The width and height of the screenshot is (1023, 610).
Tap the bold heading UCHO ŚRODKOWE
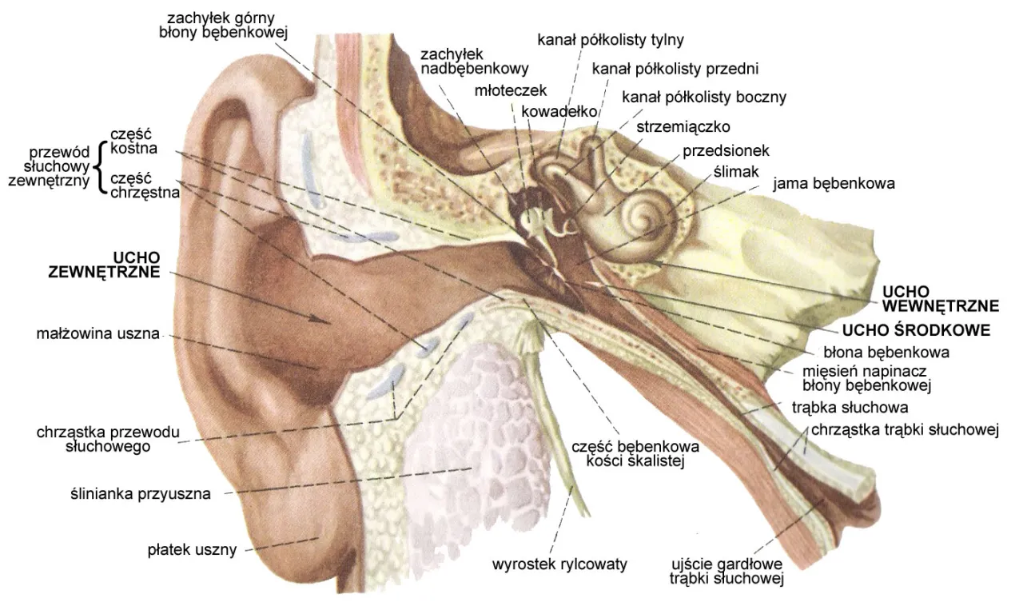tap(917, 329)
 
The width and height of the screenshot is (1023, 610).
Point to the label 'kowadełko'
tap(559, 111)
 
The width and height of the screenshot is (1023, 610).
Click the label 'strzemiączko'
tap(683, 126)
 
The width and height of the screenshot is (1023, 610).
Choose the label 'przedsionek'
tap(726, 150)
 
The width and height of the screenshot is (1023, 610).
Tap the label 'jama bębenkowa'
tap(834, 183)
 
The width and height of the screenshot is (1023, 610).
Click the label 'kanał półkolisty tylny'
tap(611, 39)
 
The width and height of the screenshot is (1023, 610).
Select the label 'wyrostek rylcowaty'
tap(559, 564)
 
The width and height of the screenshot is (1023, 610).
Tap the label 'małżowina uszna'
tap(98, 333)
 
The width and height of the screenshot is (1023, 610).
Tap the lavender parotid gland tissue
tap(472, 448)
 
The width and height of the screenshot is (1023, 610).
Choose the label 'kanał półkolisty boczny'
tap(704, 98)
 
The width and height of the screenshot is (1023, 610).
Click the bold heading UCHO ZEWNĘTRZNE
tap(104, 265)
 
